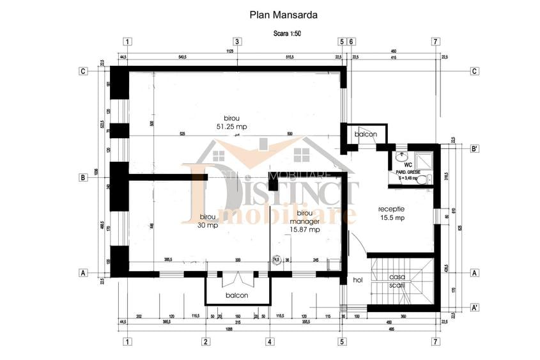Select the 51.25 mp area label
point(232,127)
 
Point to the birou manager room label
point(304,220)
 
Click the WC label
point(407,164)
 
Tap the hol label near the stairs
point(358,280)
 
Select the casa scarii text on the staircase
point(399,281)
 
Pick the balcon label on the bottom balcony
point(236,296)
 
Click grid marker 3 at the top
point(236,42)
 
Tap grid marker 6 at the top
point(351,42)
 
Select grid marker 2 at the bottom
point(205,341)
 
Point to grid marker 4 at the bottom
point(269,341)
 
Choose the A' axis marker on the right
point(474,308)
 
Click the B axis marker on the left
point(83,178)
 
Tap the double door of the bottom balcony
point(236,279)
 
